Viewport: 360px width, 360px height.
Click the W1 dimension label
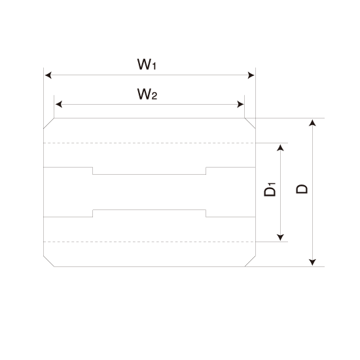[x=147, y=64]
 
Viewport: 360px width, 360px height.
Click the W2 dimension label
[x=147, y=94]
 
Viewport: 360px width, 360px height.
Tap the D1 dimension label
[x=270, y=189]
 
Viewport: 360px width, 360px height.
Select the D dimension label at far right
[x=302, y=189]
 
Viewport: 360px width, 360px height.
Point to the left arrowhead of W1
[x=48, y=75]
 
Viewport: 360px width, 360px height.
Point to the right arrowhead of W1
[x=251, y=75]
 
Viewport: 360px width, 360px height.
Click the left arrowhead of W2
[x=59, y=105]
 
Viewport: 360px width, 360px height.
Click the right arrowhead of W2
[x=240, y=105]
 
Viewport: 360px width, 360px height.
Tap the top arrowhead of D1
[x=280, y=148]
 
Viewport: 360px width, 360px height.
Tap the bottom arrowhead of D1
[x=280, y=238]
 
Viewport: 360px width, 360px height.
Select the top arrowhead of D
[x=312, y=123]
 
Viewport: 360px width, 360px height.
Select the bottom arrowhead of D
[x=312, y=262]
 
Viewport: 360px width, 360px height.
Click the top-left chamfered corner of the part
[x=48, y=123]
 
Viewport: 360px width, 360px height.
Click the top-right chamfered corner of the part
[x=250, y=123]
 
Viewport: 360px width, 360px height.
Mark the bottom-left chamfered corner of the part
[x=48, y=261]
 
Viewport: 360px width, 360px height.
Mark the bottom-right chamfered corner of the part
[x=250, y=261]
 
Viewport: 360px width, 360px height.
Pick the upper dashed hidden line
[x=149, y=143]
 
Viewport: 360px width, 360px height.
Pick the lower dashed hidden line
[x=149, y=242]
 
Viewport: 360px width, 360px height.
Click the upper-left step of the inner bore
[x=93, y=171]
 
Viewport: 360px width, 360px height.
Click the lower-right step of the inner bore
[x=206, y=213]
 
